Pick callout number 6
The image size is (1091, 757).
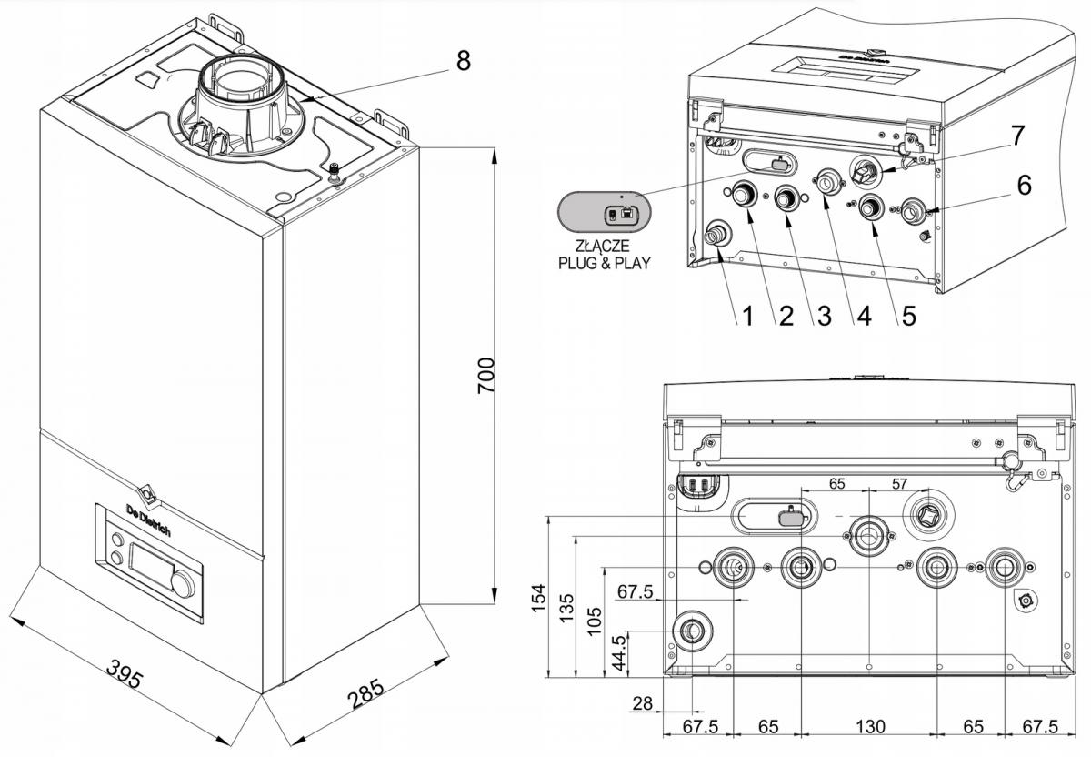1024,185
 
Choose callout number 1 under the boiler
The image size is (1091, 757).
746,317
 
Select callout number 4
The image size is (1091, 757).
859,317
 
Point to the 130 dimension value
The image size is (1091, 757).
869,728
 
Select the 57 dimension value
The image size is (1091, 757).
898,484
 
